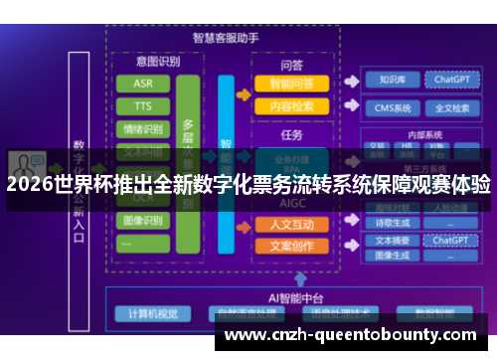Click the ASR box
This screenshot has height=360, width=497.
[143, 83]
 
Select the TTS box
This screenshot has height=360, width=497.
[143, 105]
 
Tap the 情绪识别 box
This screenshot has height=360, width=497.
[143, 128]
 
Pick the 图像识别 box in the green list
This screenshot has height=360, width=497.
[143, 220]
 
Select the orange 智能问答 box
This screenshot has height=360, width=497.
[292, 84]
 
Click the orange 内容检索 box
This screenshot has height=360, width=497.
[292, 106]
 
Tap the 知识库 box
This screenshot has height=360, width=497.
[391, 80]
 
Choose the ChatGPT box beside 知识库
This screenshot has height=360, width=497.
[452, 80]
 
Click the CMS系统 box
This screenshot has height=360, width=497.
[391, 107]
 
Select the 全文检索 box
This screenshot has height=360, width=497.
[452, 107]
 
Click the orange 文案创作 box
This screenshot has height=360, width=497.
[292, 246]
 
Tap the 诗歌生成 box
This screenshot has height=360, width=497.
[390, 224]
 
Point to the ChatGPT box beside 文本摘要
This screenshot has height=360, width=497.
[451, 240]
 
